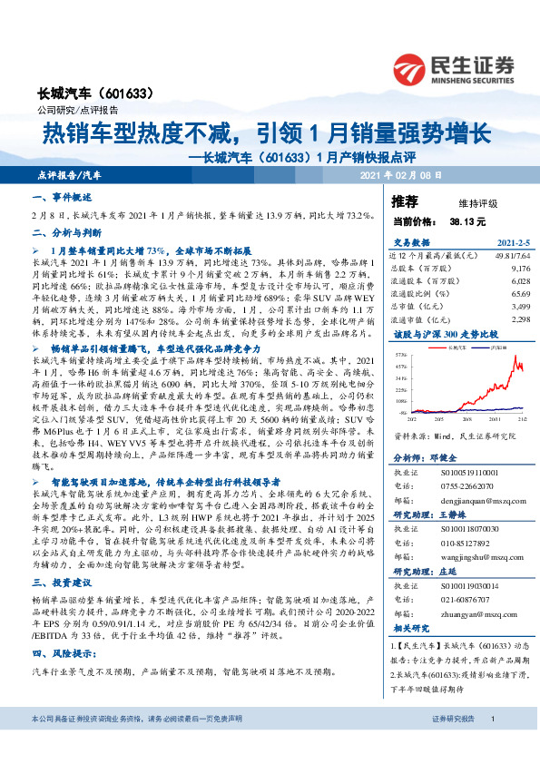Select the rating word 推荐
[405, 201]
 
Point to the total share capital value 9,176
[520, 269]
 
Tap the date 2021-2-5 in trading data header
[513, 243]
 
